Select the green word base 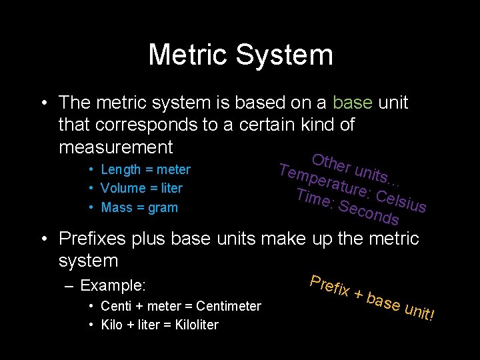353,103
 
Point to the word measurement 116,147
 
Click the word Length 121,170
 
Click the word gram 163,208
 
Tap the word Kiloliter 193,325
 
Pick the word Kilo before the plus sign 113,325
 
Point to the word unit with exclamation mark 420,309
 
